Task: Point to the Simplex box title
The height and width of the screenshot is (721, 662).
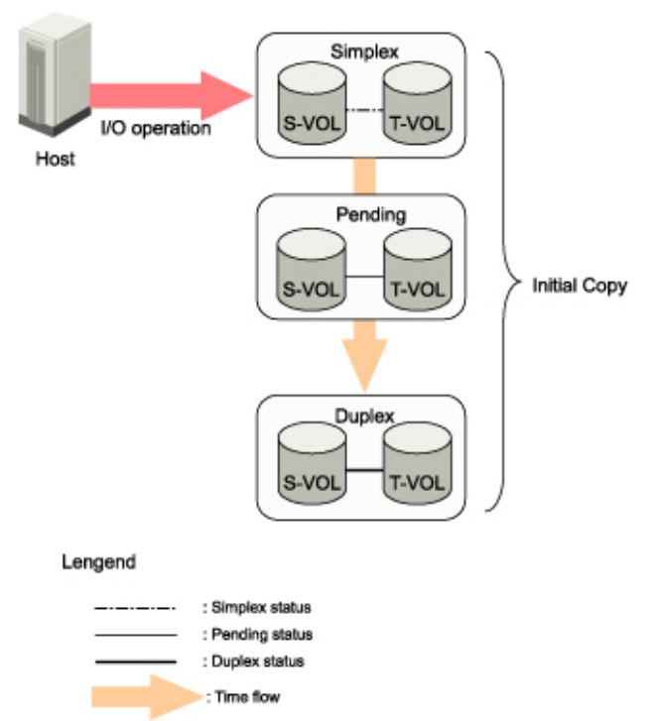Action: pyautogui.click(x=360, y=50)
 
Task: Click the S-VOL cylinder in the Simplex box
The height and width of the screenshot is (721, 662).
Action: pyautogui.click(x=308, y=103)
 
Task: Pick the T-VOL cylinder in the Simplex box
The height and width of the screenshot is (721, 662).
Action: pyautogui.click(x=415, y=103)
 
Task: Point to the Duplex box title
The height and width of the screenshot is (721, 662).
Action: pyautogui.click(x=360, y=412)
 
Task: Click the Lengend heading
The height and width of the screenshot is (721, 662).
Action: pyautogui.click(x=100, y=562)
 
